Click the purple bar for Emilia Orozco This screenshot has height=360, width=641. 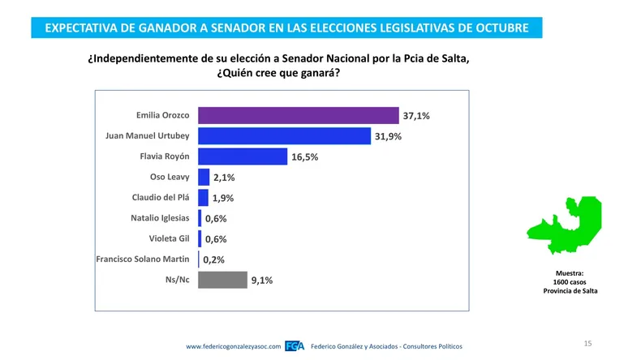coord(299,116)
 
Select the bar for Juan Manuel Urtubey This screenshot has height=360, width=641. coord(284,136)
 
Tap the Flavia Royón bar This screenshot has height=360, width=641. coord(243,156)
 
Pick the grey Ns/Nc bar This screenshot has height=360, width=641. coord(222,281)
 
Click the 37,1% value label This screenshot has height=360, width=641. coord(416,116)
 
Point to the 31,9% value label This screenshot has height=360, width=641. coord(388,136)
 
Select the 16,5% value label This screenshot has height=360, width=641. coord(304,157)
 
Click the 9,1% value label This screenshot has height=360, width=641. coord(262,281)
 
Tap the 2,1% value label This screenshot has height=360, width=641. coord(224,178)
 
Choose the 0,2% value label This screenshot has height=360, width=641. coord(213,260)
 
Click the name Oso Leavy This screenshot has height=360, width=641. coord(170,177)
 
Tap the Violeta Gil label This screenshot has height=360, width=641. coord(169,239)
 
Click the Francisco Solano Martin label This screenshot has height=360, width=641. coord(143,259)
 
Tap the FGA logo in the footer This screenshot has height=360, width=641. coord(295,347)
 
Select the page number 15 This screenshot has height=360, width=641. coord(587,344)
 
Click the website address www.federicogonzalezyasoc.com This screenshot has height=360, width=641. coord(234,347)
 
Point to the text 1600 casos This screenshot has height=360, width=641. coord(570,281)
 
